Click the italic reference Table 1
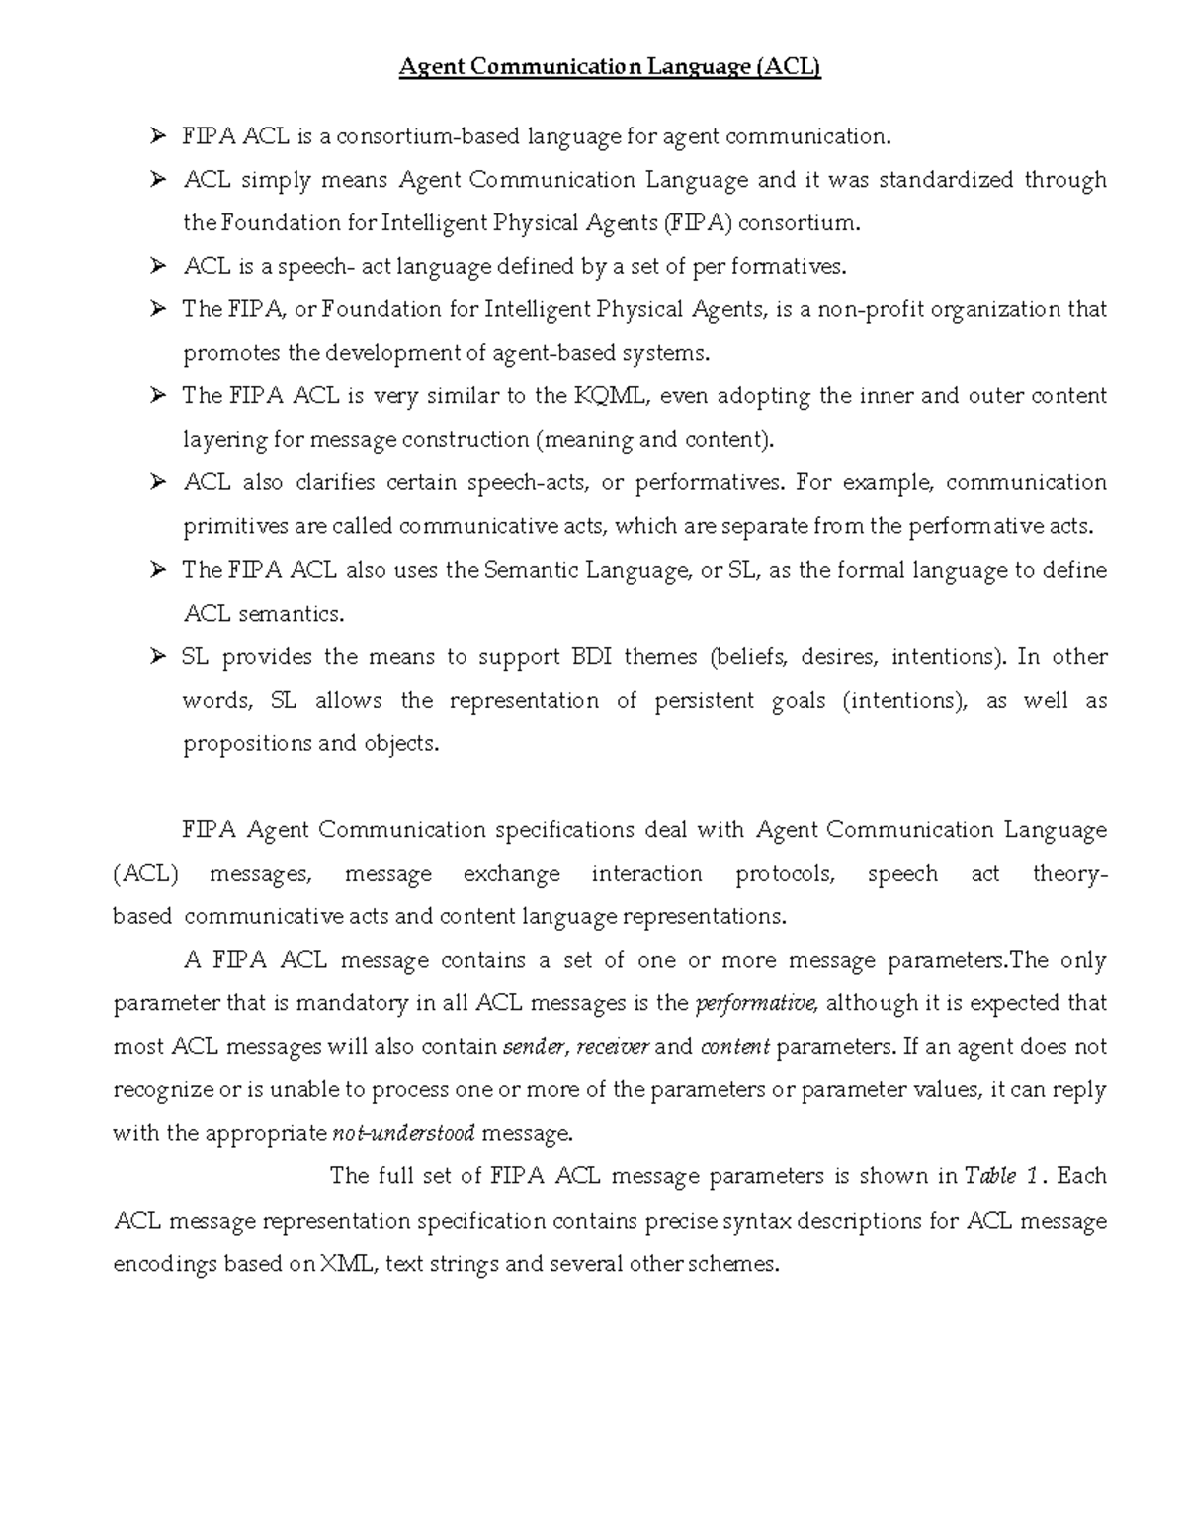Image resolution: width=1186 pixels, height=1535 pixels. tap(1002, 1176)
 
